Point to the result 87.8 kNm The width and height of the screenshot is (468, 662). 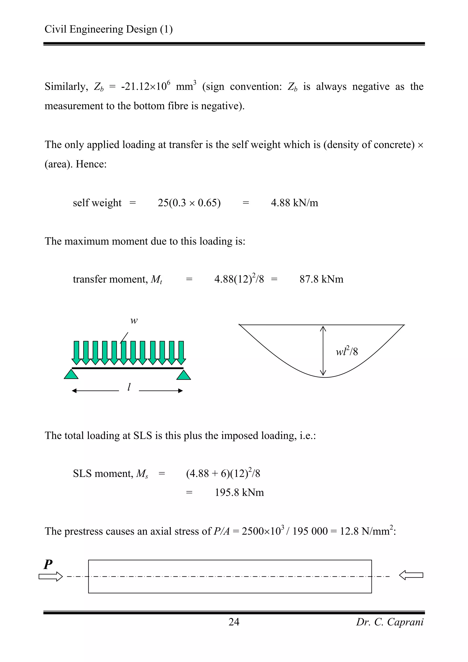321,279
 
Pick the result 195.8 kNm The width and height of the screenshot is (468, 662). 239,492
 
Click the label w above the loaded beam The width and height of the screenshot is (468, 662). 134,321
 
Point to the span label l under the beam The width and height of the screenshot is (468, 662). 129,387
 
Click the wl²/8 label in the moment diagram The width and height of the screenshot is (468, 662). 347,351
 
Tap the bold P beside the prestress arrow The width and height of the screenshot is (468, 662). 48,564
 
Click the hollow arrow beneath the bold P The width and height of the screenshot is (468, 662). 51,576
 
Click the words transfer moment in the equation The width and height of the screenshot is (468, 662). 110,279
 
